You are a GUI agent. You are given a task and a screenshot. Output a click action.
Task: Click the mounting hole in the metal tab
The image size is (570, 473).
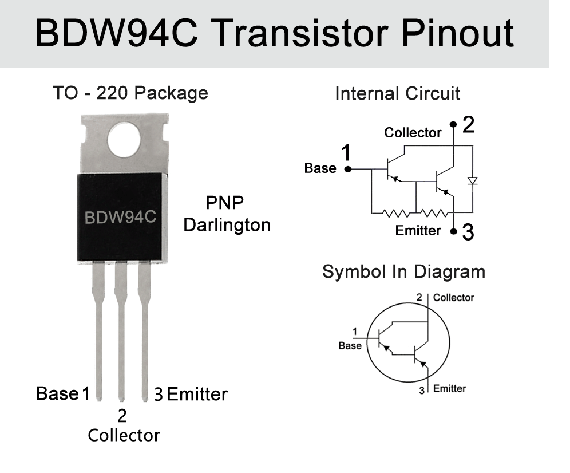124,140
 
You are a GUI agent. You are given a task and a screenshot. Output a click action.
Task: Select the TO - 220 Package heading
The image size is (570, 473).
130,93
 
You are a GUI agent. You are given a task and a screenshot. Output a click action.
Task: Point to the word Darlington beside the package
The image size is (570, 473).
227,225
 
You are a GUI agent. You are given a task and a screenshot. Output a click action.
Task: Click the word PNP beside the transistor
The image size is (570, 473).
224,203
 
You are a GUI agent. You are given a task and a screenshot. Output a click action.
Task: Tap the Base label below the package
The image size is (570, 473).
57,394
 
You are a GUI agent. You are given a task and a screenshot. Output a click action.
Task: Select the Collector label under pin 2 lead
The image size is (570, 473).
124,435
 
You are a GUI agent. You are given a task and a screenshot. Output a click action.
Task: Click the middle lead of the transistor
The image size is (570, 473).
121,332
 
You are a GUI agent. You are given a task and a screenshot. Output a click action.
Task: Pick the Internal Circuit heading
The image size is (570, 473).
397,93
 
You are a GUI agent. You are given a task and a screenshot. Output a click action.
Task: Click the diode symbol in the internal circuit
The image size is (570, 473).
472,181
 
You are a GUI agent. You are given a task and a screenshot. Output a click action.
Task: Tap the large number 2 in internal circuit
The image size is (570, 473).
468,125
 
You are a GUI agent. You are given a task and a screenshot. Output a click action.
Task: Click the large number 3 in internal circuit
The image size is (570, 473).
468,233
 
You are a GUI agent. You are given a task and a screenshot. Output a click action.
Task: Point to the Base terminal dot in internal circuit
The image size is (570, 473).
348,169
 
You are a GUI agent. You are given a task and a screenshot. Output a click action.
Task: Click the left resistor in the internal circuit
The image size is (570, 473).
394,213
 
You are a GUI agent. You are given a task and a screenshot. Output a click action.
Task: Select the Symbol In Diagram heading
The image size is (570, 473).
403,271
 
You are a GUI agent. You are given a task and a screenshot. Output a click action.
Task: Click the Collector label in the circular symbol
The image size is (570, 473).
453,297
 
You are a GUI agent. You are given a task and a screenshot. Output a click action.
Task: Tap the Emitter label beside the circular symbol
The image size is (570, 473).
449,389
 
